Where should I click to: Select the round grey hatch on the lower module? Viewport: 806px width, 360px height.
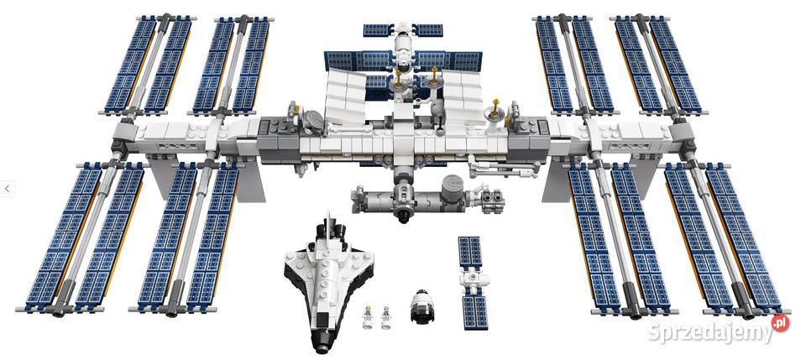(x=453, y=183)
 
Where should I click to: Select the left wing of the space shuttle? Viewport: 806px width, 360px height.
(x=294, y=285)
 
